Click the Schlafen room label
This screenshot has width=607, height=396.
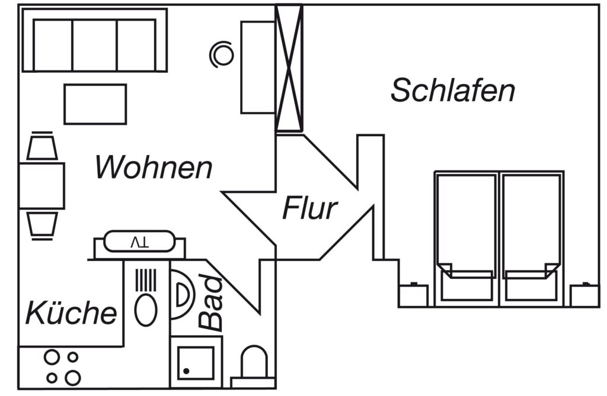pyautogui.click(x=452, y=90)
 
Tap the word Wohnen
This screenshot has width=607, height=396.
pyautogui.click(x=154, y=167)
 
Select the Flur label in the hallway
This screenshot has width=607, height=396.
pyautogui.click(x=310, y=208)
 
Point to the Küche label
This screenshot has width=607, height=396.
pyautogui.click(x=71, y=313)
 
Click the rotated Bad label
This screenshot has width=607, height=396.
pyautogui.click(x=211, y=303)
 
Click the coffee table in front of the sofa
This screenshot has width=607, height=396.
pyautogui.click(x=95, y=104)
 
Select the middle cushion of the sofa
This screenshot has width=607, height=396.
pyautogui.click(x=94, y=45)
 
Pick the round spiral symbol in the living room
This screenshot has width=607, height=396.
pyautogui.click(x=222, y=54)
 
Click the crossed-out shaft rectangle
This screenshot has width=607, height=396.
pyautogui.click(x=289, y=68)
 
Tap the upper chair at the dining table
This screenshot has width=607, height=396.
pyautogui.click(x=42, y=146)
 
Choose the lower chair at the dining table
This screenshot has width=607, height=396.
pyautogui.click(x=42, y=226)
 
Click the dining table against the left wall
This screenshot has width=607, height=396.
pyautogui.click(x=42, y=186)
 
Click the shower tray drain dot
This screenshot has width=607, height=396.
pyautogui.click(x=186, y=371)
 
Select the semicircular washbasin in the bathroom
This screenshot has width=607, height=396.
pyautogui.click(x=183, y=294)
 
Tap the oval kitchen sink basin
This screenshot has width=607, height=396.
pyautogui.click(x=146, y=310)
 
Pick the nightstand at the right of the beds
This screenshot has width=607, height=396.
pyautogui.click(x=584, y=295)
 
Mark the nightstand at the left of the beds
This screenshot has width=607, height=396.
pyautogui.click(x=413, y=295)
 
